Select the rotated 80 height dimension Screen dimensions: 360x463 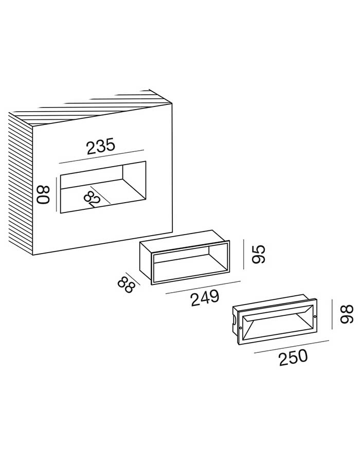pos(43,195)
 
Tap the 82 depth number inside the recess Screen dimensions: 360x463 pos(93,199)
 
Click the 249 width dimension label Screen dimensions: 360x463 pos(205,298)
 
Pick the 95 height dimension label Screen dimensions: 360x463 pos(259,254)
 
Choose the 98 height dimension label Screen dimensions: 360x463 pos(347,314)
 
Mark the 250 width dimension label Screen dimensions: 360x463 pos(293,358)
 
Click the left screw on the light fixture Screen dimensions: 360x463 pos(241,328)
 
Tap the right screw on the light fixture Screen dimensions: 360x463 pos(315,317)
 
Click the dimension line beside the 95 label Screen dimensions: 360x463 pos(244,254)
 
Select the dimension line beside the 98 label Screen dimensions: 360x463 pos(332,314)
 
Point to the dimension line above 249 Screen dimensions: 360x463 pos(204,287)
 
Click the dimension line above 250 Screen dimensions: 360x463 pos(292,346)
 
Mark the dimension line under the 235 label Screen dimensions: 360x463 pos(101,156)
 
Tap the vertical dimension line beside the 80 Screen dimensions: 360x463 pos(56,194)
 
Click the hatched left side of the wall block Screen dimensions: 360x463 pos(21,183)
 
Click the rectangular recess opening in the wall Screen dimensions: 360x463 pos(103,187)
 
